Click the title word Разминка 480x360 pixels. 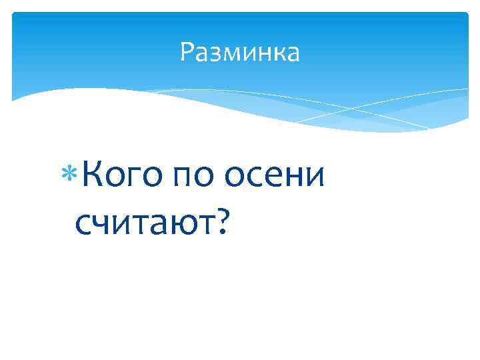coord(240,53)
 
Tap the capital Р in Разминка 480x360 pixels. coord(187,53)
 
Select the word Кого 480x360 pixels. coord(124,177)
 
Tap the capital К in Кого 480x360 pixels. coord(95,175)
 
